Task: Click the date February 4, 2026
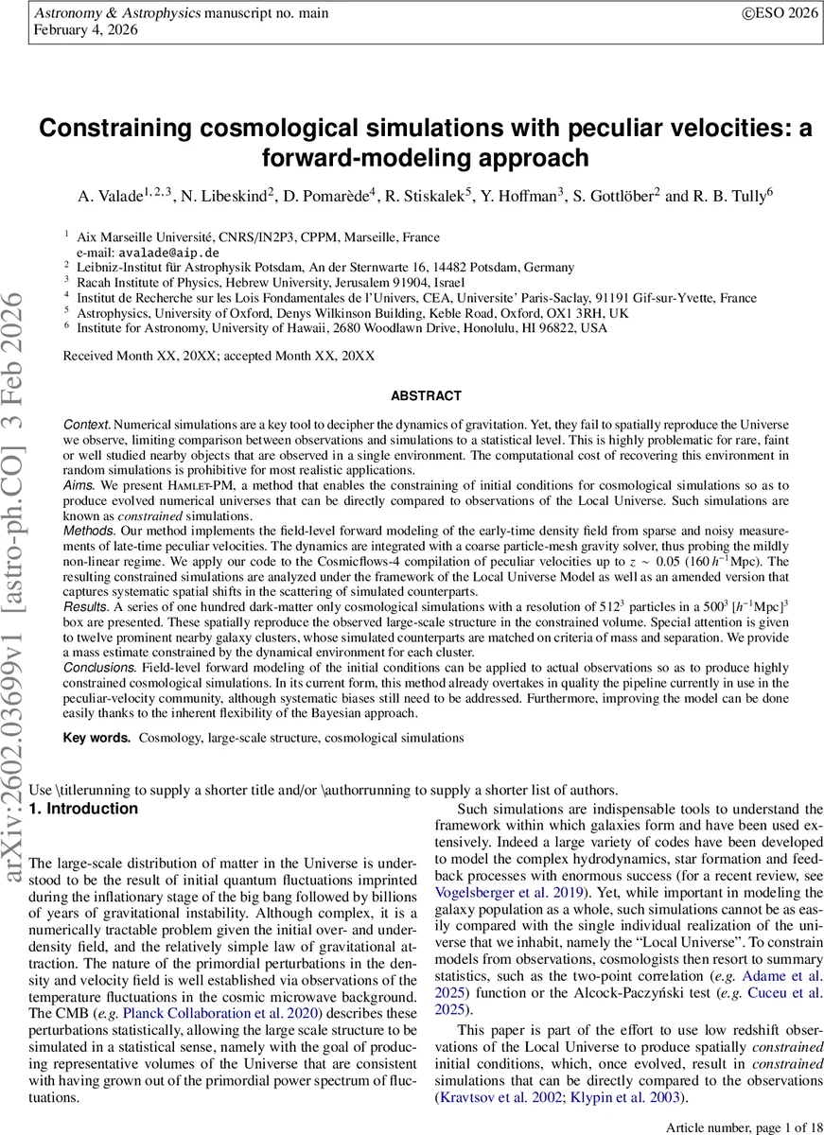pyautogui.click(x=85, y=30)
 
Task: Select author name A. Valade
pyautogui.click(x=110, y=196)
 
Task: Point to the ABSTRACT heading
pyautogui.click(x=426, y=396)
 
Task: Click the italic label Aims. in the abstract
pyautogui.click(x=79, y=484)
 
